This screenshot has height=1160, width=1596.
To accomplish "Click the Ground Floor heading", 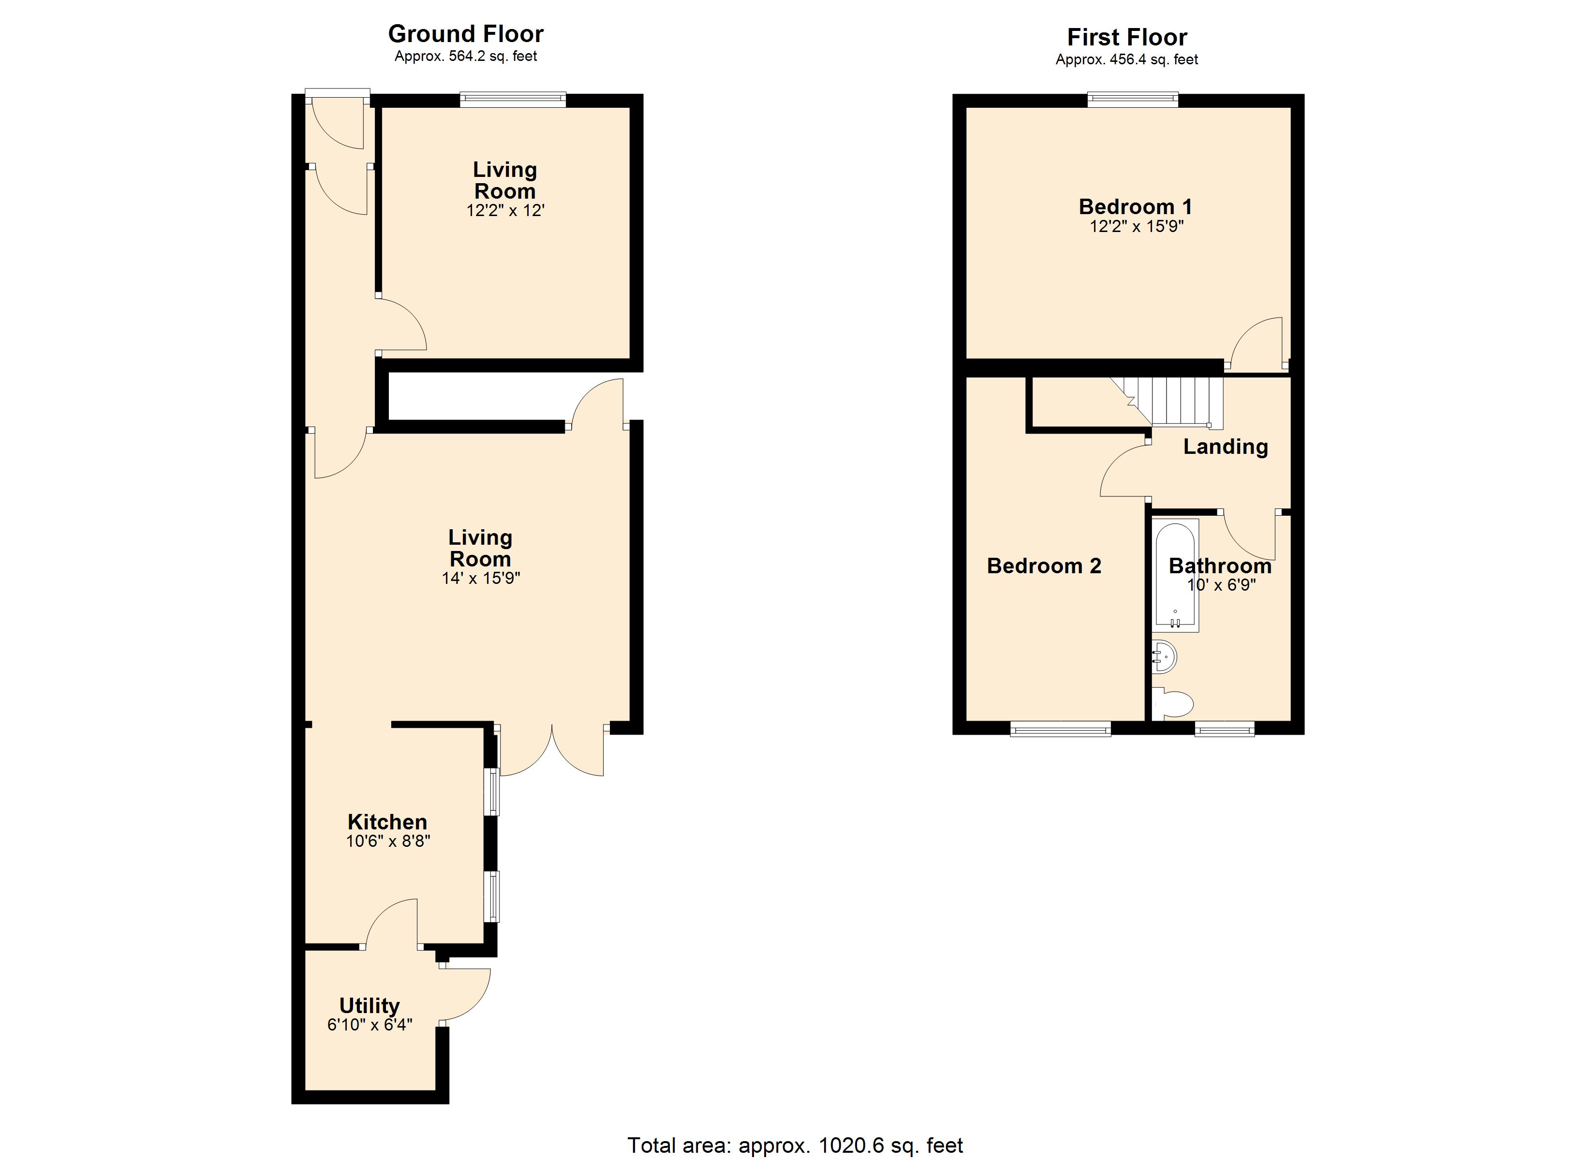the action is [x=466, y=34].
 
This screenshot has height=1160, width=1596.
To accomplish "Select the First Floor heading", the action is [x=1126, y=37].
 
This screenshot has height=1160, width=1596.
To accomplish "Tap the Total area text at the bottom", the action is [x=795, y=1145].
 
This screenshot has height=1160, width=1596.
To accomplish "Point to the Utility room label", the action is [x=369, y=1006].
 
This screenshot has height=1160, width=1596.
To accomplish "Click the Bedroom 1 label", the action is [x=1135, y=207].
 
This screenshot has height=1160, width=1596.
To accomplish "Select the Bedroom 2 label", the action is [x=1044, y=565].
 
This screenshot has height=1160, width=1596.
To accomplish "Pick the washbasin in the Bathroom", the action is [x=1164, y=657].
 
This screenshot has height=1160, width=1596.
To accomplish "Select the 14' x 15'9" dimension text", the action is [x=481, y=578].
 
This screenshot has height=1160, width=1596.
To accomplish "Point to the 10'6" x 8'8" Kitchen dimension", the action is [x=388, y=841].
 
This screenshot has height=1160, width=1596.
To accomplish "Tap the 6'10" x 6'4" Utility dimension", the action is [x=369, y=1025].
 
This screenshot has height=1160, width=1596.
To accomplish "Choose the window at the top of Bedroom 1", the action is [x=1132, y=100].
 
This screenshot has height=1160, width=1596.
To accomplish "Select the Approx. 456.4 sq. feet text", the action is [x=1126, y=60].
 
